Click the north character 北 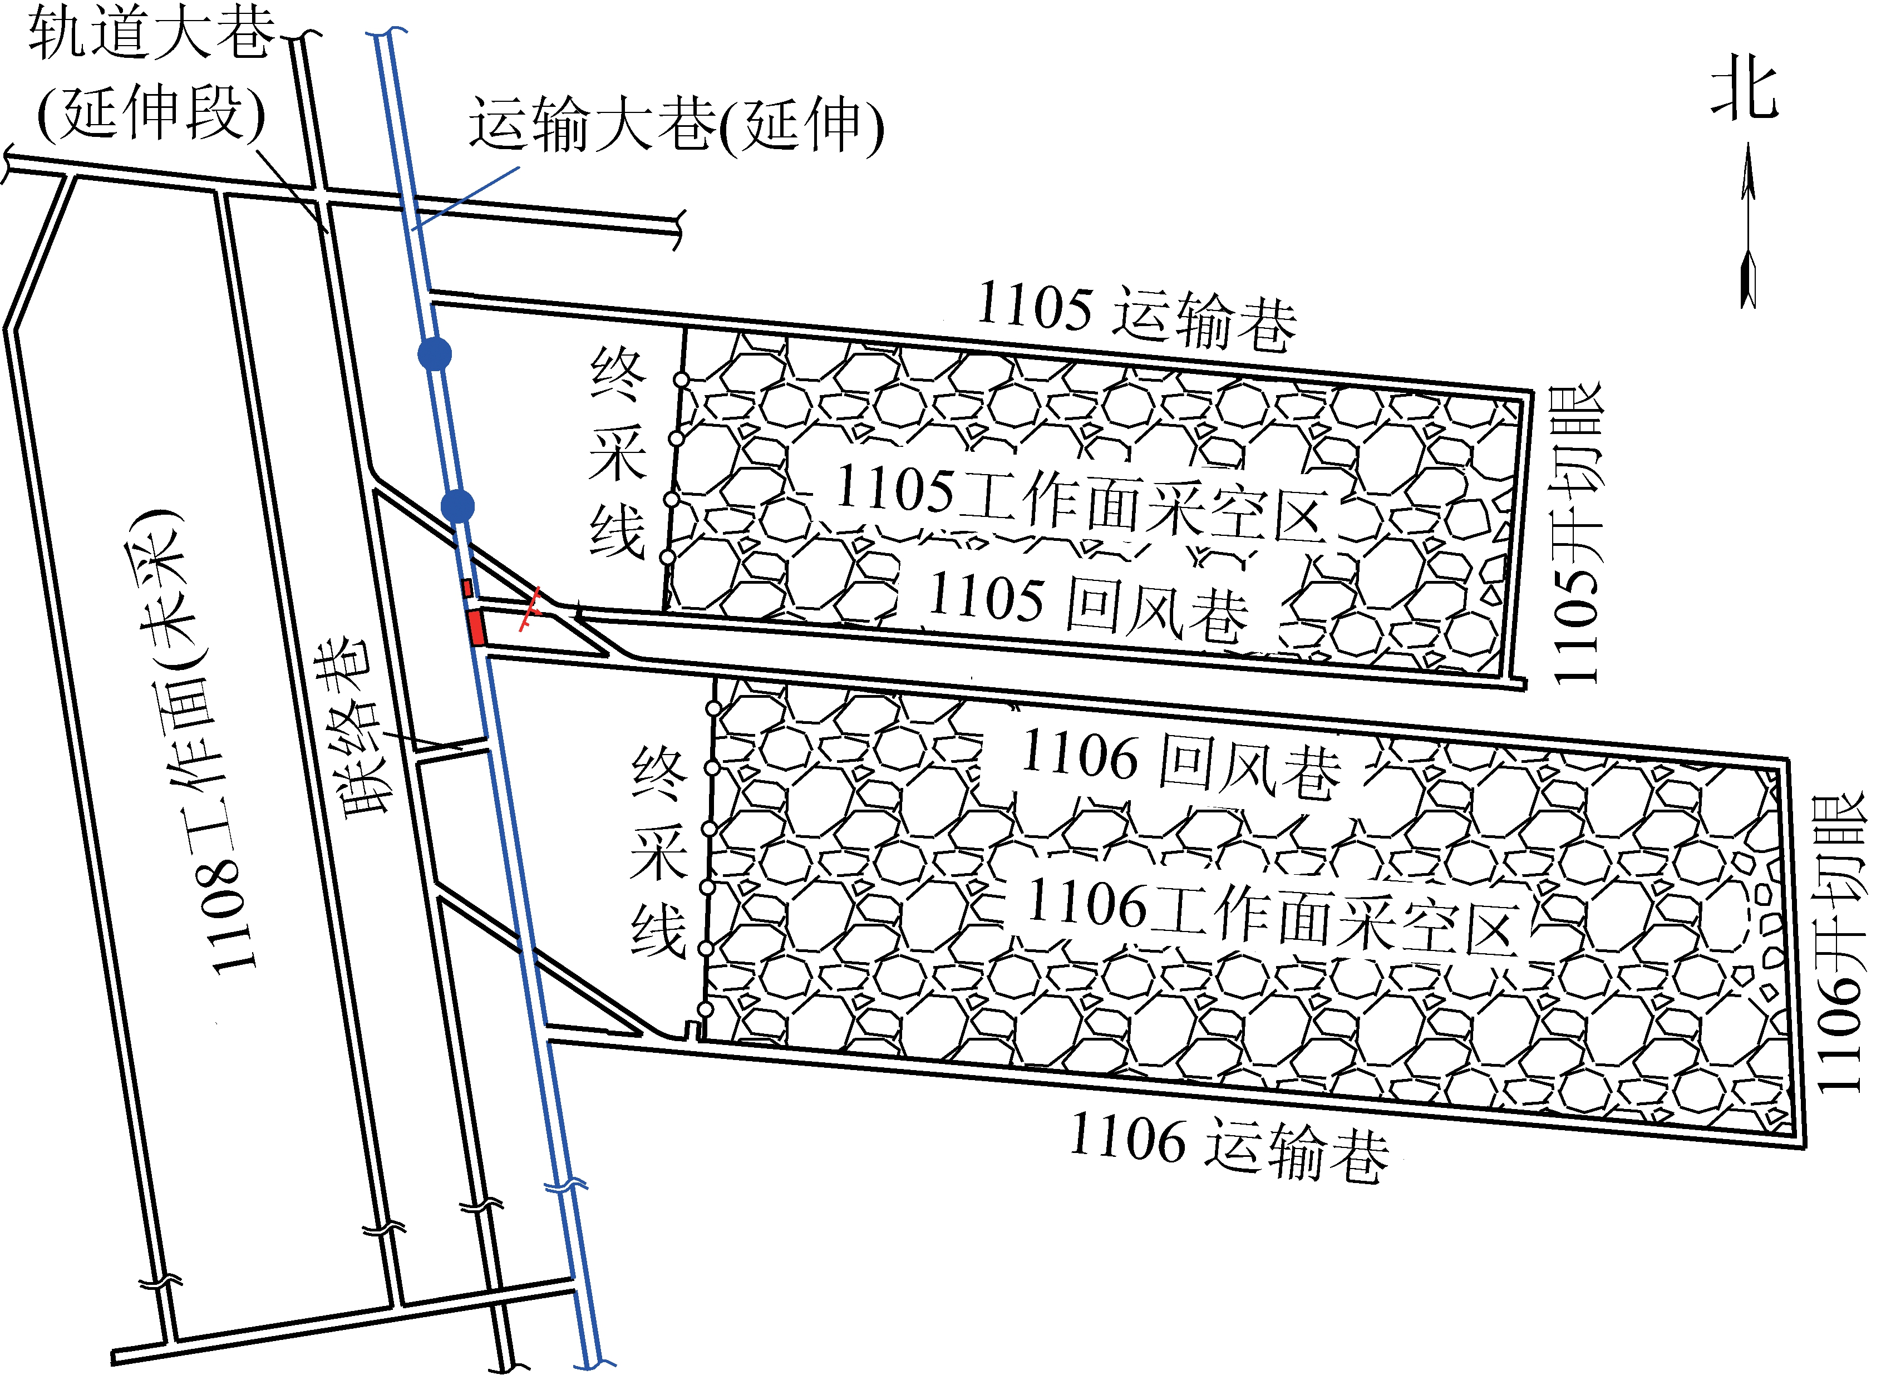(1745, 87)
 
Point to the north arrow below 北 (1748, 225)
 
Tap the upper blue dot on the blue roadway (435, 354)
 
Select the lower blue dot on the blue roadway (457, 505)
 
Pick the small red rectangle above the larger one (467, 588)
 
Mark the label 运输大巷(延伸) (676, 125)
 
